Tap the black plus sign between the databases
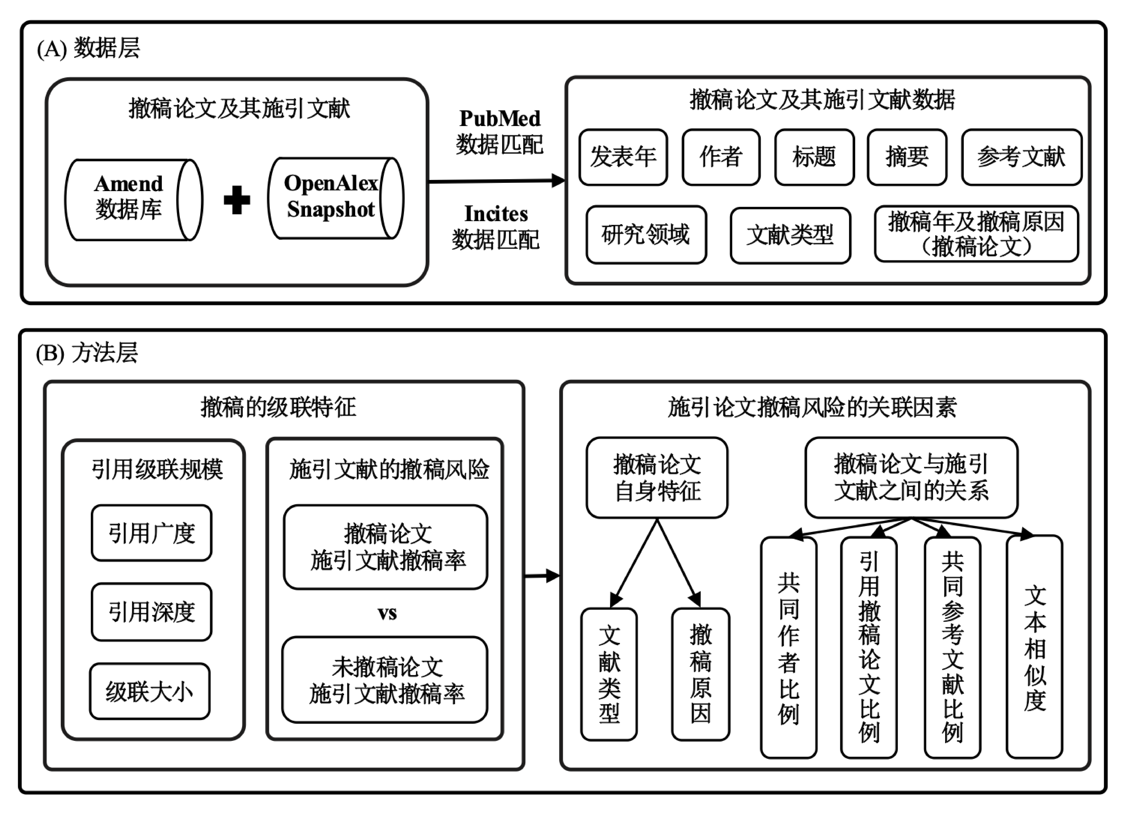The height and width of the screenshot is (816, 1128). pos(237,200)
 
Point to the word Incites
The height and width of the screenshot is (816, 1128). pos(496,214)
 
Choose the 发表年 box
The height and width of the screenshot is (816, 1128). pos(623,157)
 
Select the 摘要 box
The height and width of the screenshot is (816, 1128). pos(907,157)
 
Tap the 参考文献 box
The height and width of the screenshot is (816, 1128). pos(1022,157)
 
